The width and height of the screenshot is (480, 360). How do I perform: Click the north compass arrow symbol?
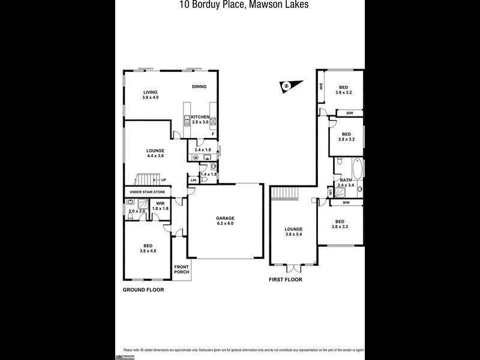click(x=287, y=86)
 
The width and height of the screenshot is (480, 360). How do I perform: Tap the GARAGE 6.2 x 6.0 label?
click(x=225, y=221)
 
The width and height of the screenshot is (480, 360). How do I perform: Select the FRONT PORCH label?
click(x=182, y=269)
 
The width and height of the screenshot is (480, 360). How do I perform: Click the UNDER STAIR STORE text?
click(x=148, y=191)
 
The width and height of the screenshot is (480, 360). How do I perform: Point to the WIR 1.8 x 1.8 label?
click(x=160, y=206)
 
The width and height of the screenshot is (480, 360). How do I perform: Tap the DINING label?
click(x=199, y=86)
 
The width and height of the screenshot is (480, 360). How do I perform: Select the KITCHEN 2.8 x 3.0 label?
click(x=200, y=119)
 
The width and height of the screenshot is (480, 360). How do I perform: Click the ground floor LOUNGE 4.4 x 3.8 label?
click(x=155, y=153)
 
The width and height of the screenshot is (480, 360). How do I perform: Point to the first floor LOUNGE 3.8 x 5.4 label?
click(x=293, y=232)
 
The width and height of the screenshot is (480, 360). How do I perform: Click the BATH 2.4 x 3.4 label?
click(x=346, y=182)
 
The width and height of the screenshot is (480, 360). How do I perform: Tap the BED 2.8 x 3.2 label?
click(x=346, y=136)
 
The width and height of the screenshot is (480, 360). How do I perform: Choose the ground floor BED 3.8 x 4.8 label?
click(x=148, y=247)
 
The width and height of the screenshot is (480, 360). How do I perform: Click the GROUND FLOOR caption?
click(x=143, y=289)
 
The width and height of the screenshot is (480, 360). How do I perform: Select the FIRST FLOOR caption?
click(x=286, y=280)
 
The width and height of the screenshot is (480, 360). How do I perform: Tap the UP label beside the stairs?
click(x=163, y=179)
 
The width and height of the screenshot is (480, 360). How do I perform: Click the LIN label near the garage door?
click(x=193, y=180)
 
